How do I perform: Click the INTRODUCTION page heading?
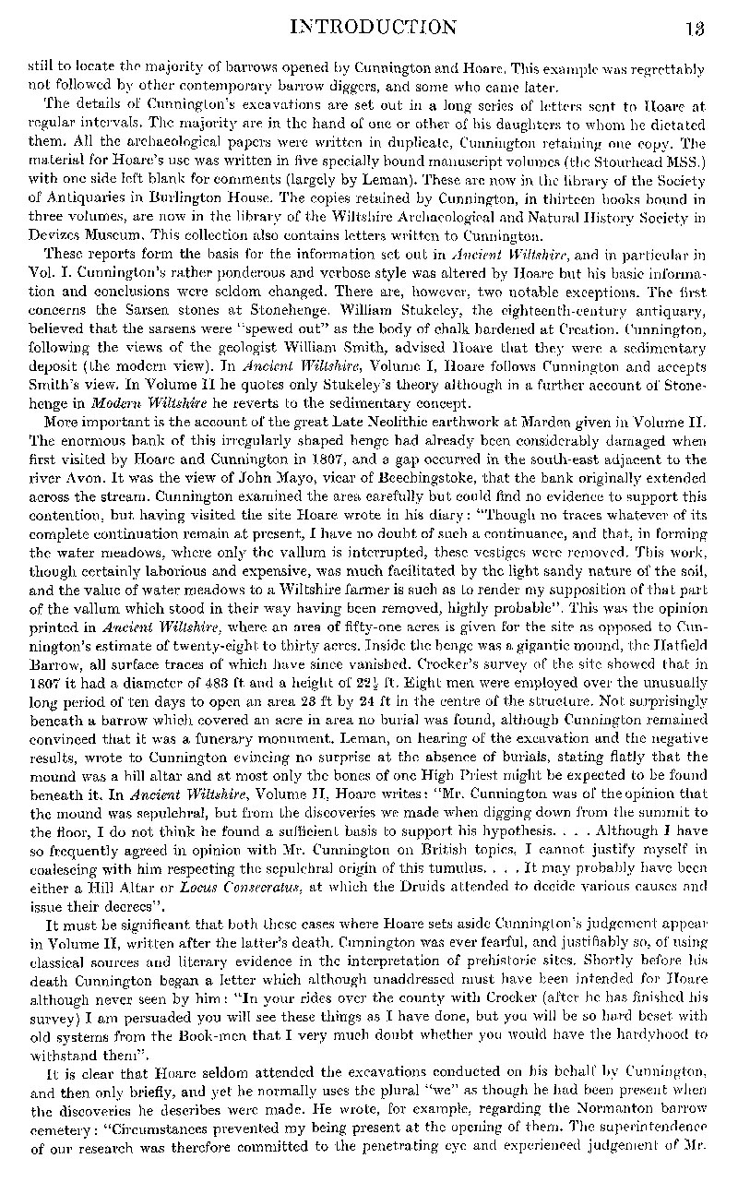(x=379, y=27)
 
